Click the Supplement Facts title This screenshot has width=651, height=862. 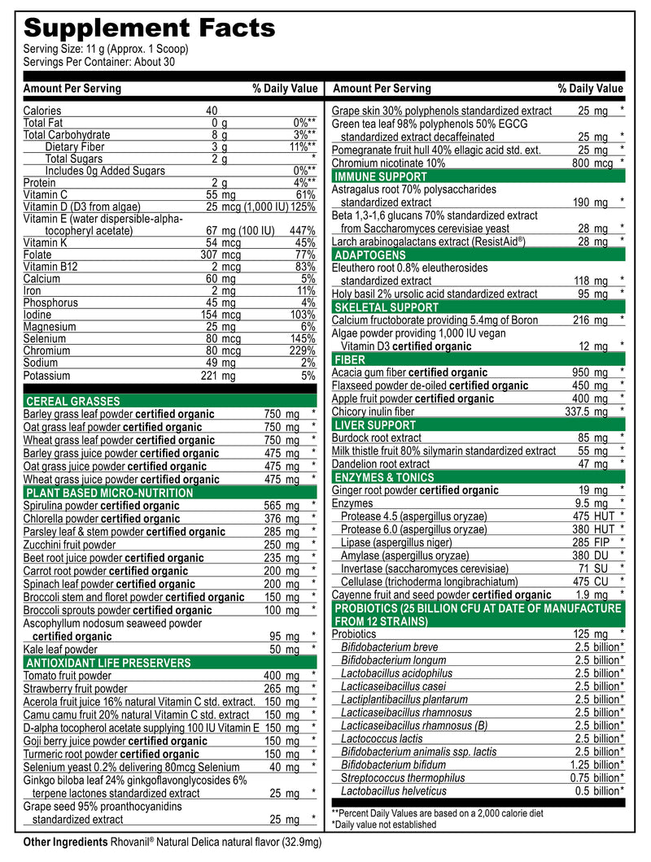pos(149,28)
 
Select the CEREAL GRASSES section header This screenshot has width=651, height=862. pos(73,401)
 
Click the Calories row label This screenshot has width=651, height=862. pos(42,111)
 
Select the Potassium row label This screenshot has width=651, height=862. pos(46,376)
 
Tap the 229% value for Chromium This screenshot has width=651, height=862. pos(302,351)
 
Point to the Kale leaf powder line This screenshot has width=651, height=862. pos(60,649)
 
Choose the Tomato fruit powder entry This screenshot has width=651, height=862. pos(68,676)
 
